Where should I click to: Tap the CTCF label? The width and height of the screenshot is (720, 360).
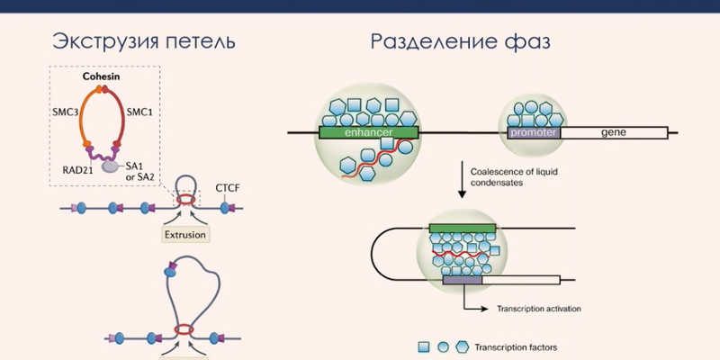[x=227, y=187]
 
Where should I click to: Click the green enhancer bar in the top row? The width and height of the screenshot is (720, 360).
[x=368, y=132]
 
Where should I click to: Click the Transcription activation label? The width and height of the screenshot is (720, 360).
[x=538, y=309]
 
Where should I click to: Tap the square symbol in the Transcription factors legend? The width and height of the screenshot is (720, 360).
[x=423, y=345]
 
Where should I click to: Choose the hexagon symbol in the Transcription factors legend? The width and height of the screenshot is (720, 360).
[x=462, y=345]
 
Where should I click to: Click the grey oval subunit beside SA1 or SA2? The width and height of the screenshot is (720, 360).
[x=110, y=166]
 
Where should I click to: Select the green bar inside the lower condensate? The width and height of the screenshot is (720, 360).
[x=462, y=229]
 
